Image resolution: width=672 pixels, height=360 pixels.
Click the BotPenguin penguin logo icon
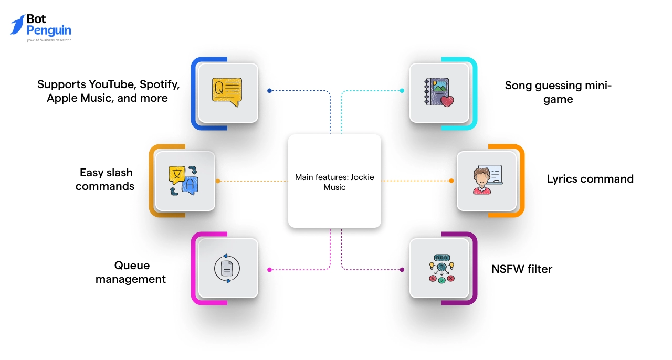[x=17, y=25]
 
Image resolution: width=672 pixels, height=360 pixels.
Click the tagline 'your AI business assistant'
[x=49, y=40]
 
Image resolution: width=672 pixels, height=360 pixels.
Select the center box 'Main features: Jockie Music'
[x=334, y=181]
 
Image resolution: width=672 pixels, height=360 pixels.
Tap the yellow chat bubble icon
[x=227, y=92]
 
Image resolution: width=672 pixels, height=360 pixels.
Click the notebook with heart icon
[x=439, y=93]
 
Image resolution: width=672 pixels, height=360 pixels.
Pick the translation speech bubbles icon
[x=184, y=181]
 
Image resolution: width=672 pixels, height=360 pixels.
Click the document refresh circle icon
[x=227, y=269]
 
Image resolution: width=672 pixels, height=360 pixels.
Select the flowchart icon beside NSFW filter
[x=440, y=269]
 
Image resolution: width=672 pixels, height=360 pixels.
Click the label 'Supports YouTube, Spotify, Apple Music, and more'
[x=108, y=91]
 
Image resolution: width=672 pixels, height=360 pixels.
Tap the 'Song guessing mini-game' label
[x=558, y=92]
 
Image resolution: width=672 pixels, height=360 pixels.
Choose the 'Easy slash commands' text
[x=105, y=179]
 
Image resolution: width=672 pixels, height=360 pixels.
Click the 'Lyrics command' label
[x=590, y=179]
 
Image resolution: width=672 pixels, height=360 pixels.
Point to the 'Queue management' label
[x=130, y=272]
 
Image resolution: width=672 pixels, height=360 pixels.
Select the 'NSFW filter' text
[x=522, y=269]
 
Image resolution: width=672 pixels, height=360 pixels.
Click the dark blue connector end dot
[x=269, y=91]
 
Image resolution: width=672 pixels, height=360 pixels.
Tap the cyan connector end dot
[x=402, y=91]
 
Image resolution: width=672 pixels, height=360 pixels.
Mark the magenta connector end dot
[x=269, y=270]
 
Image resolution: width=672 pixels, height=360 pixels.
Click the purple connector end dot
[x=402, y=270]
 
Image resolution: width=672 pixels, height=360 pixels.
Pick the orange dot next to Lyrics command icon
[x=451, y=181]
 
